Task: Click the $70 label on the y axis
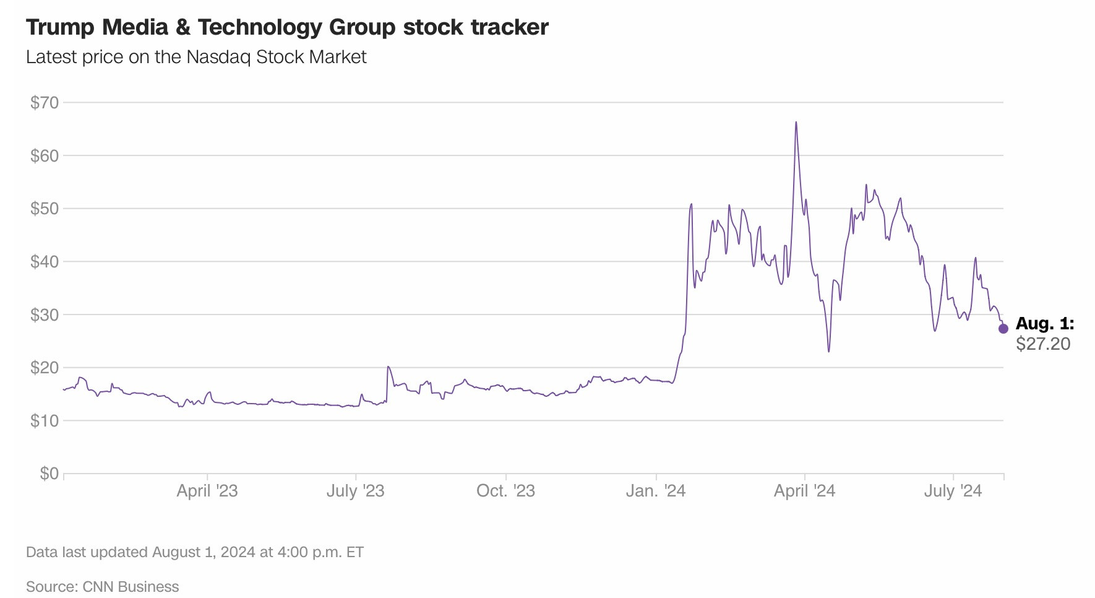pos(45,103)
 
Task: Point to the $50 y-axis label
pos(45,209)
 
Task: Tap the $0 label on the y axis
pos(49,474)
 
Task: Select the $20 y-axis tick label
pos(45,368)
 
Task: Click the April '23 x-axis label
pos(207,491)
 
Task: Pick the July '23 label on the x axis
pos(355,491)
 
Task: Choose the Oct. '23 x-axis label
pos(505,491)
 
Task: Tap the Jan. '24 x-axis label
pos(655,491)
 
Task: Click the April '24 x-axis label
pos(804,491)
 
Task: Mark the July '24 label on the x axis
pos(953,491)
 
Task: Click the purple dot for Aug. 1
pos(1003,329)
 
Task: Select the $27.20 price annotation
pos(1043,344)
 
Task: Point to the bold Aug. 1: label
pos(1045,324)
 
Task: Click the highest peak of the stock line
pos(796,123)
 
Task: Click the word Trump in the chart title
pos(60,27)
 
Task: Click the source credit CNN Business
pos(131,587)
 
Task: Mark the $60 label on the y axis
pos(45,155)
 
